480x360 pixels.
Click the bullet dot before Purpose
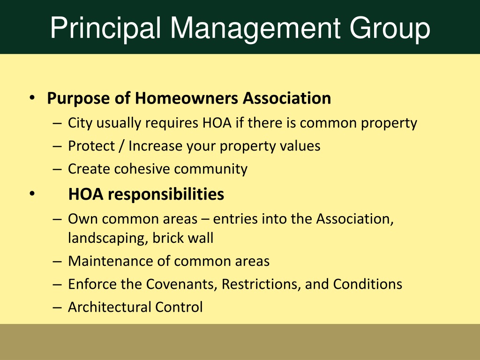[32, 98]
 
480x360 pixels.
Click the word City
[80, 123]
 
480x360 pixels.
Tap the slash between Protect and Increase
[121, 146]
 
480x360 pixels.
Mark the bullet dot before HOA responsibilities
[32, 194]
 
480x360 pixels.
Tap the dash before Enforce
[57, 285]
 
